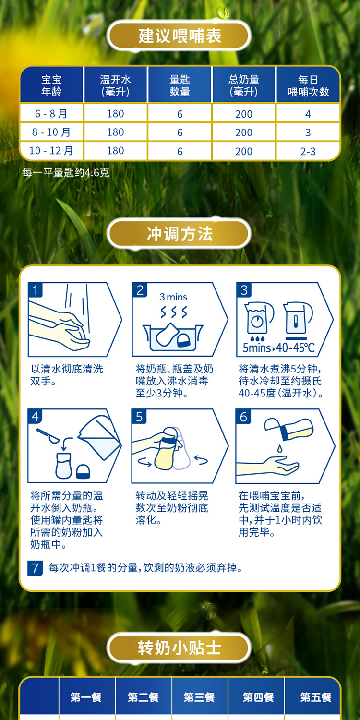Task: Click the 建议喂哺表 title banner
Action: (x=180, y=36)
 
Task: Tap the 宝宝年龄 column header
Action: (x=51, y=85)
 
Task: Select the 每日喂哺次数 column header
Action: (x=308, y=85)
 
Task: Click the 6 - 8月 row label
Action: (x=51, y=114)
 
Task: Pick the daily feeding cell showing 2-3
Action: (x=308, y=151)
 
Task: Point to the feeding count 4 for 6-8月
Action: (x=308, y=114)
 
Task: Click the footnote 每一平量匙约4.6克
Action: (x=66, y=172)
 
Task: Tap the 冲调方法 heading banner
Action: (x=180, y=234)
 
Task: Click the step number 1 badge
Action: (x=36, y=290)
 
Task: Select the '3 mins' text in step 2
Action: (x=173, y=297)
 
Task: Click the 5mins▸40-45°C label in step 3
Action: (x=279, y=348)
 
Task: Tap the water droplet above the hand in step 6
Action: (x=279, y=447)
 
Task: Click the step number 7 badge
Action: (x=35, y=568)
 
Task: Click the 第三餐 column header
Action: (x=200, y=697)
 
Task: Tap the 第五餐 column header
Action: (x=315, y=697)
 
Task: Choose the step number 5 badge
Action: (x=139, y=417)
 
